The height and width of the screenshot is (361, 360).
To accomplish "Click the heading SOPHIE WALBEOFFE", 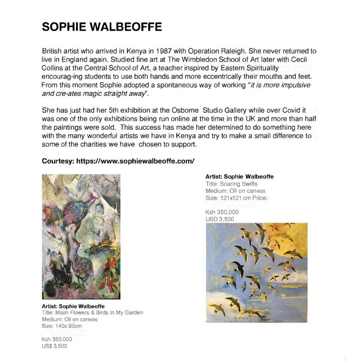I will point(102,28).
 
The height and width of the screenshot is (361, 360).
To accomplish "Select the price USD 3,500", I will point(220,219).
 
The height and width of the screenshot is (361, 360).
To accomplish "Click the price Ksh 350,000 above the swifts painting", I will point(222,212).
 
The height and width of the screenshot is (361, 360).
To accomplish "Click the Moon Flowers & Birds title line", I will point(92,312).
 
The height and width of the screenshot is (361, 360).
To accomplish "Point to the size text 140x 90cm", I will point(62,326).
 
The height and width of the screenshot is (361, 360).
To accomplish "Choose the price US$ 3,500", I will point(54,346).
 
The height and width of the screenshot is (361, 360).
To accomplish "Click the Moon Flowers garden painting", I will point(81,238).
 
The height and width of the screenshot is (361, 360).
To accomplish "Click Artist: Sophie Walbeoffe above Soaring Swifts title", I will point(239,177).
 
